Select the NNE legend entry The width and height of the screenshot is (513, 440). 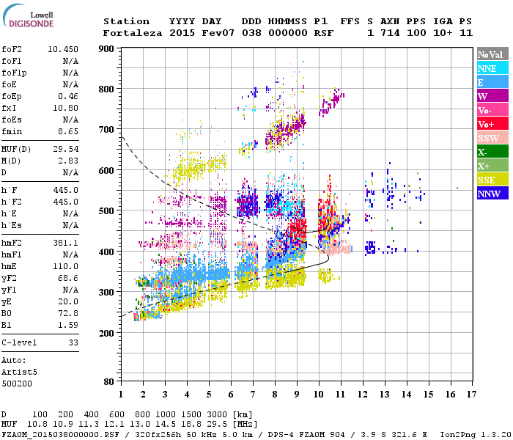pyautogui.click(x=491, y=68)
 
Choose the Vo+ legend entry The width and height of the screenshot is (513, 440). pyautogui.click(x=491, y=124)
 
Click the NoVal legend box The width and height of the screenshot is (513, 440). pyautogui.click(x=491, y=54)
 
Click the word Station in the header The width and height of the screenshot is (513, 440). pyautogui.click(x=126, y=21)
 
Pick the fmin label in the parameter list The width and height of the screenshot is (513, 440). pyautogui.click(x=12, y=131)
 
